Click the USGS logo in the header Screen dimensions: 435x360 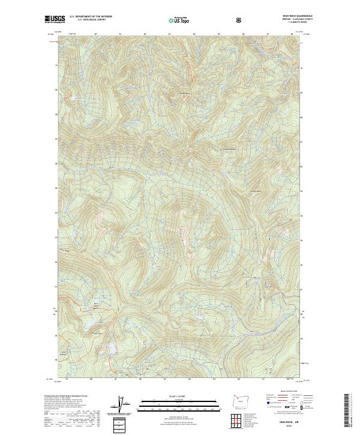click(x=53, y=19)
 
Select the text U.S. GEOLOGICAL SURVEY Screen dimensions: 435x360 click(x=91, y=19)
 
